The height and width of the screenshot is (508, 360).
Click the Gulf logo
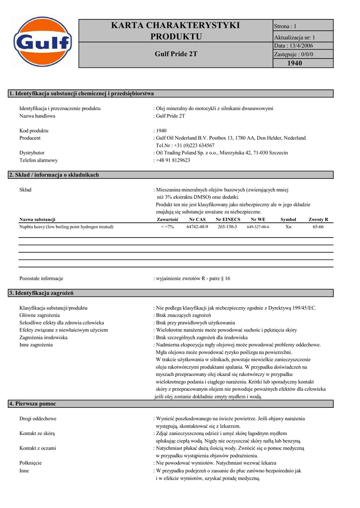tap(43, 44)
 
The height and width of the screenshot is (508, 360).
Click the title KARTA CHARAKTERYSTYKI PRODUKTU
tap(176, 31)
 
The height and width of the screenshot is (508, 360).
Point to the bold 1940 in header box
tap(294, 63)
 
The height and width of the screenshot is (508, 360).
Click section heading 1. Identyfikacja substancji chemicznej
tap(82, 93)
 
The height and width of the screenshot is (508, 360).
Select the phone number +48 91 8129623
tap(173, 160)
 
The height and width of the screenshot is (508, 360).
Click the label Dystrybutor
tap(32, 153)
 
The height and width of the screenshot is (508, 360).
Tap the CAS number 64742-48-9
tap(197, 227)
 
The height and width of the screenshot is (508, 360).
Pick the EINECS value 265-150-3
tap(227, 227)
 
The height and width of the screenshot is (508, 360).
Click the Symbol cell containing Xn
tap(288, 227)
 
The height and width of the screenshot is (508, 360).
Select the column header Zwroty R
tap(318, 219)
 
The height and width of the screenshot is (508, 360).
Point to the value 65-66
tap(318, 227)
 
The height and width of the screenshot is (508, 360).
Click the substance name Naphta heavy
tap(66, 227)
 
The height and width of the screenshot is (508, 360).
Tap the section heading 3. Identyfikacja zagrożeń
tap(42, 294)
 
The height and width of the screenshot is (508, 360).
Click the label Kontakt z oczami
tap(38, 448)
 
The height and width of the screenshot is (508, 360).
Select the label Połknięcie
tap(31, 463)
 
